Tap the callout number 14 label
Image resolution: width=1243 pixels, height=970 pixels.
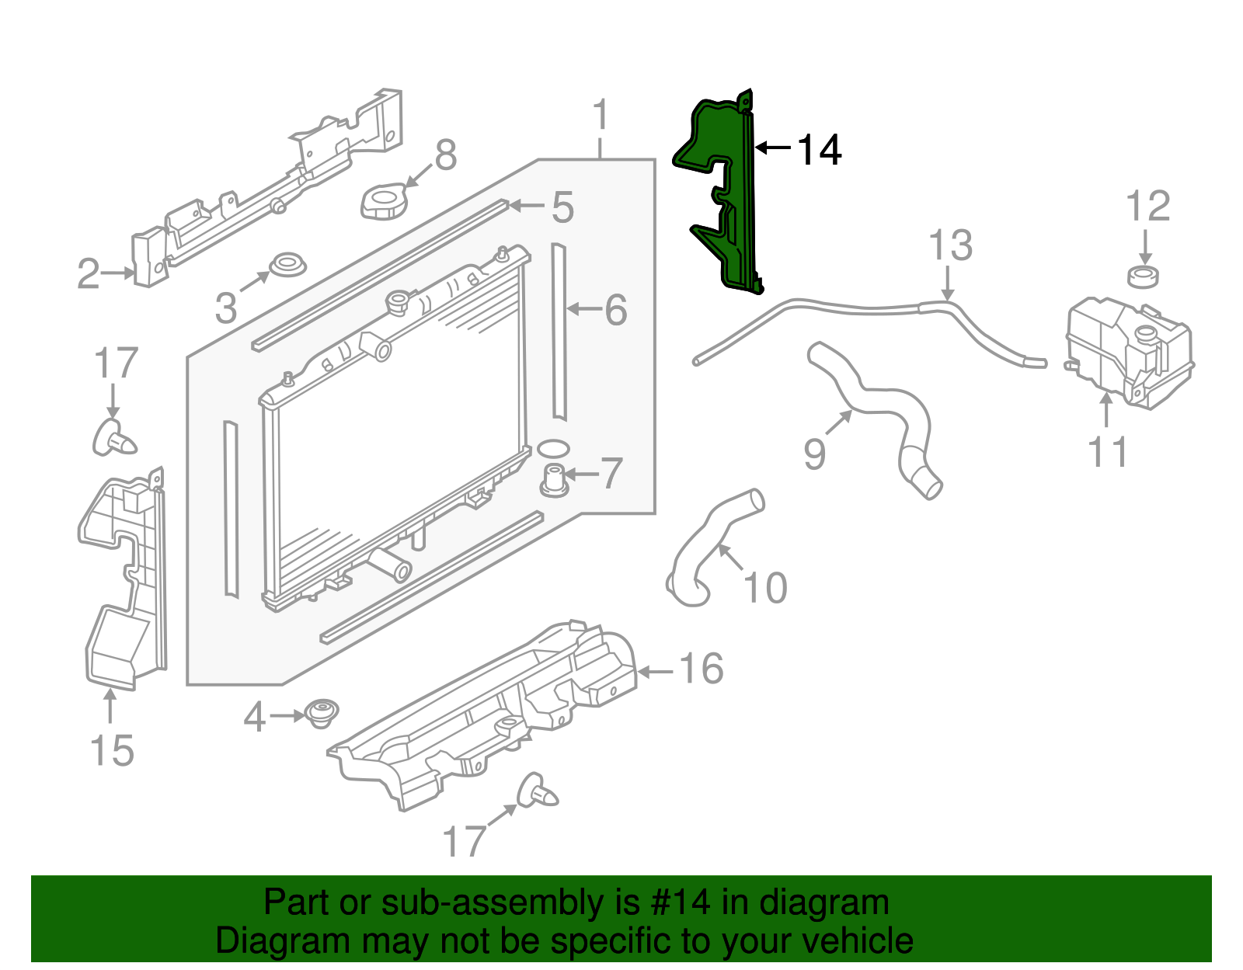819,150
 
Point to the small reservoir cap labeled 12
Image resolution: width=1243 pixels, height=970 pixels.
1143,276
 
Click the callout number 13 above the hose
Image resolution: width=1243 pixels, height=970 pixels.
950,245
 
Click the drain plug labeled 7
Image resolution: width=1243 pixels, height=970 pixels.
554,478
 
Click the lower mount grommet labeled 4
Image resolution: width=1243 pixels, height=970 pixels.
321,713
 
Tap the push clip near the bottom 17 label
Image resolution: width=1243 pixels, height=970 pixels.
537,792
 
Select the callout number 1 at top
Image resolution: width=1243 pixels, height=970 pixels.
600,116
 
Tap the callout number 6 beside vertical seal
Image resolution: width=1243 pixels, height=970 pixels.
615,310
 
